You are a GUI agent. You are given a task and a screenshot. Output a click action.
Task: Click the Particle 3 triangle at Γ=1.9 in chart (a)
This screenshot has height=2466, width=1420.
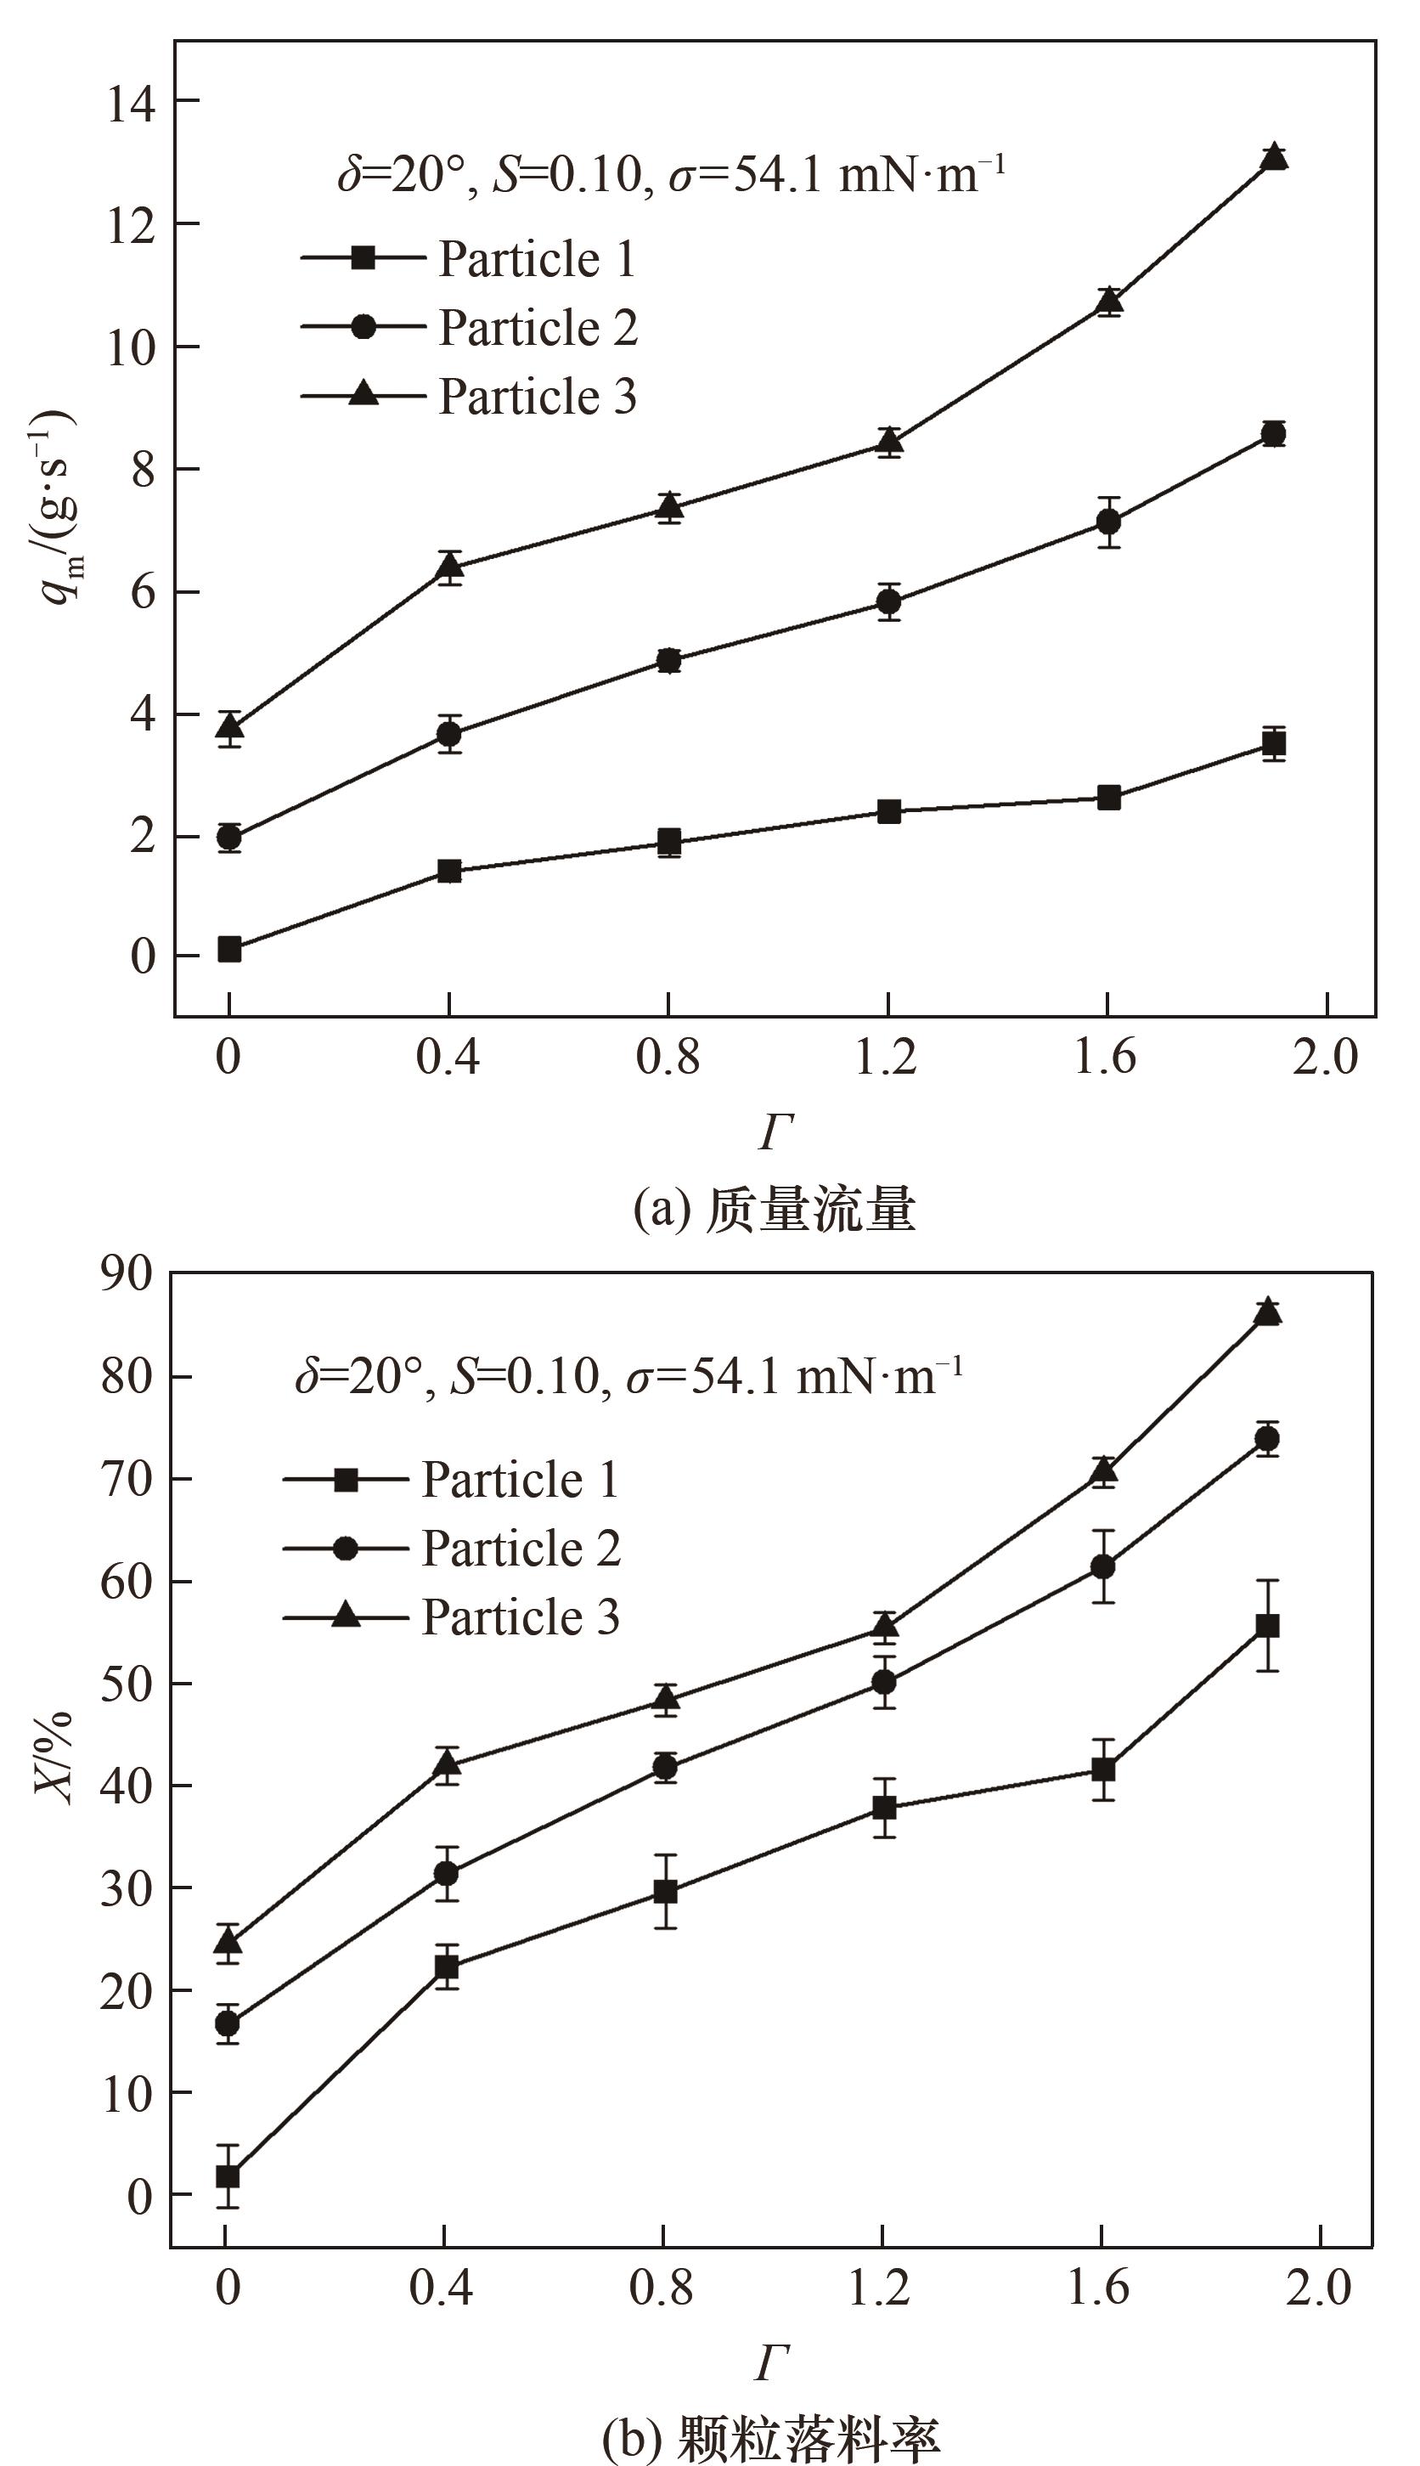point(1274,157)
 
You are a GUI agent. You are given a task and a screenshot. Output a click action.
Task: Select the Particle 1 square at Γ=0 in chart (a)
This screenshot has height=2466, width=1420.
point(229,949)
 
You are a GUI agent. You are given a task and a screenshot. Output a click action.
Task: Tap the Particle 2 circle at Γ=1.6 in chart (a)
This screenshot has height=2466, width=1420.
point(1108,522)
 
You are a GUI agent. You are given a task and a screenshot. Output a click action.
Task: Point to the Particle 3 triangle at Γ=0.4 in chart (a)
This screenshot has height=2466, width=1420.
point(449,566)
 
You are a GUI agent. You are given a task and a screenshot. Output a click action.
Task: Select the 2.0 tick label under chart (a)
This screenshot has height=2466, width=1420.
point(1324,1058)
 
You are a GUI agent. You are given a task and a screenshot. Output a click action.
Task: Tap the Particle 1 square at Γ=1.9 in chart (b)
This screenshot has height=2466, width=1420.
point(1267,1626)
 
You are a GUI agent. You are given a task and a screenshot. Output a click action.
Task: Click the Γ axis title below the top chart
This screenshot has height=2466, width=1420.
point(775,1132)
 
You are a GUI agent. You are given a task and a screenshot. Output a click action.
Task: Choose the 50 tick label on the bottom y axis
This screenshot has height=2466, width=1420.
point(127,1684)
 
